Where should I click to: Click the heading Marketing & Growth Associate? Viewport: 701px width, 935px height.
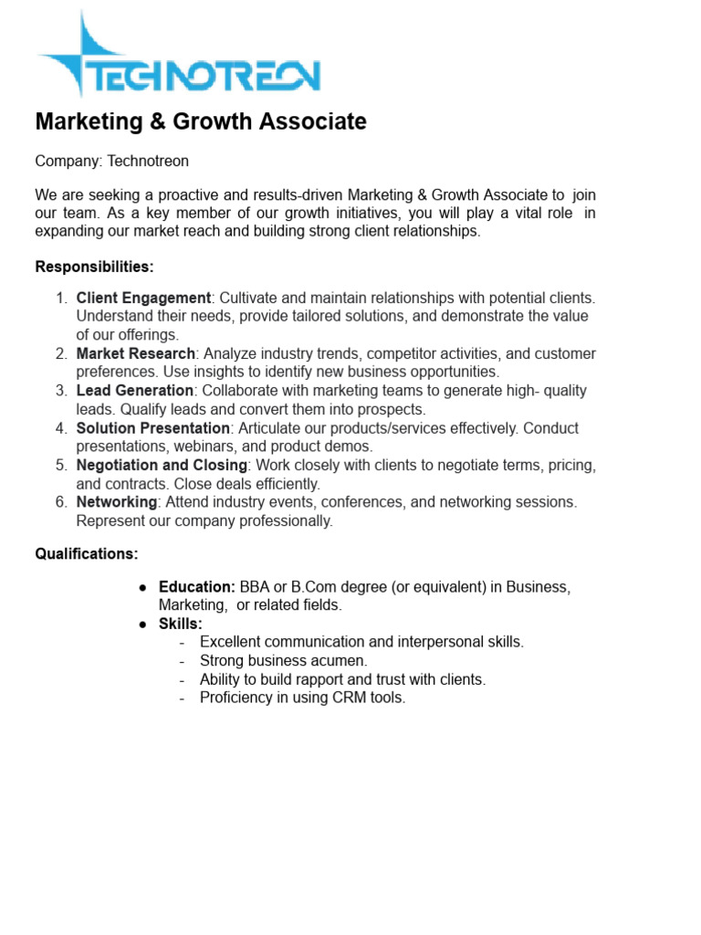[x=200, y=121]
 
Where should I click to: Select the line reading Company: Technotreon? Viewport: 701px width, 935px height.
[x=111, y=162]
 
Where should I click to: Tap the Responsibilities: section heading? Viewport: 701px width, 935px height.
[x=94, y=268]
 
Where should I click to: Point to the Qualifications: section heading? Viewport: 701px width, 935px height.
[x=87, y=553]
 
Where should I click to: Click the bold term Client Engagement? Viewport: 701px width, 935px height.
[x=143, y=298]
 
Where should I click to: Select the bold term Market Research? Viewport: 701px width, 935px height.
[x=135, y=353]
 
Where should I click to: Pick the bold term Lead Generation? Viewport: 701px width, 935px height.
[x=135, y=391]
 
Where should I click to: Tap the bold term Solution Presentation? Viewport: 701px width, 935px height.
[x=153, y=428]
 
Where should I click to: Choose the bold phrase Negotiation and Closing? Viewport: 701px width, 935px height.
[x=162, y=466]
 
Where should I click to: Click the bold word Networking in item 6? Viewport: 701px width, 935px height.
[x=117, y=502]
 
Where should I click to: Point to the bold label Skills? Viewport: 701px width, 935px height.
[x=181, y=624]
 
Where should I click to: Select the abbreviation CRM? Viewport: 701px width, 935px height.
[x=353, y=698]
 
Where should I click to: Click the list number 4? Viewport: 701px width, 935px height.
[x=61, y=428]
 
